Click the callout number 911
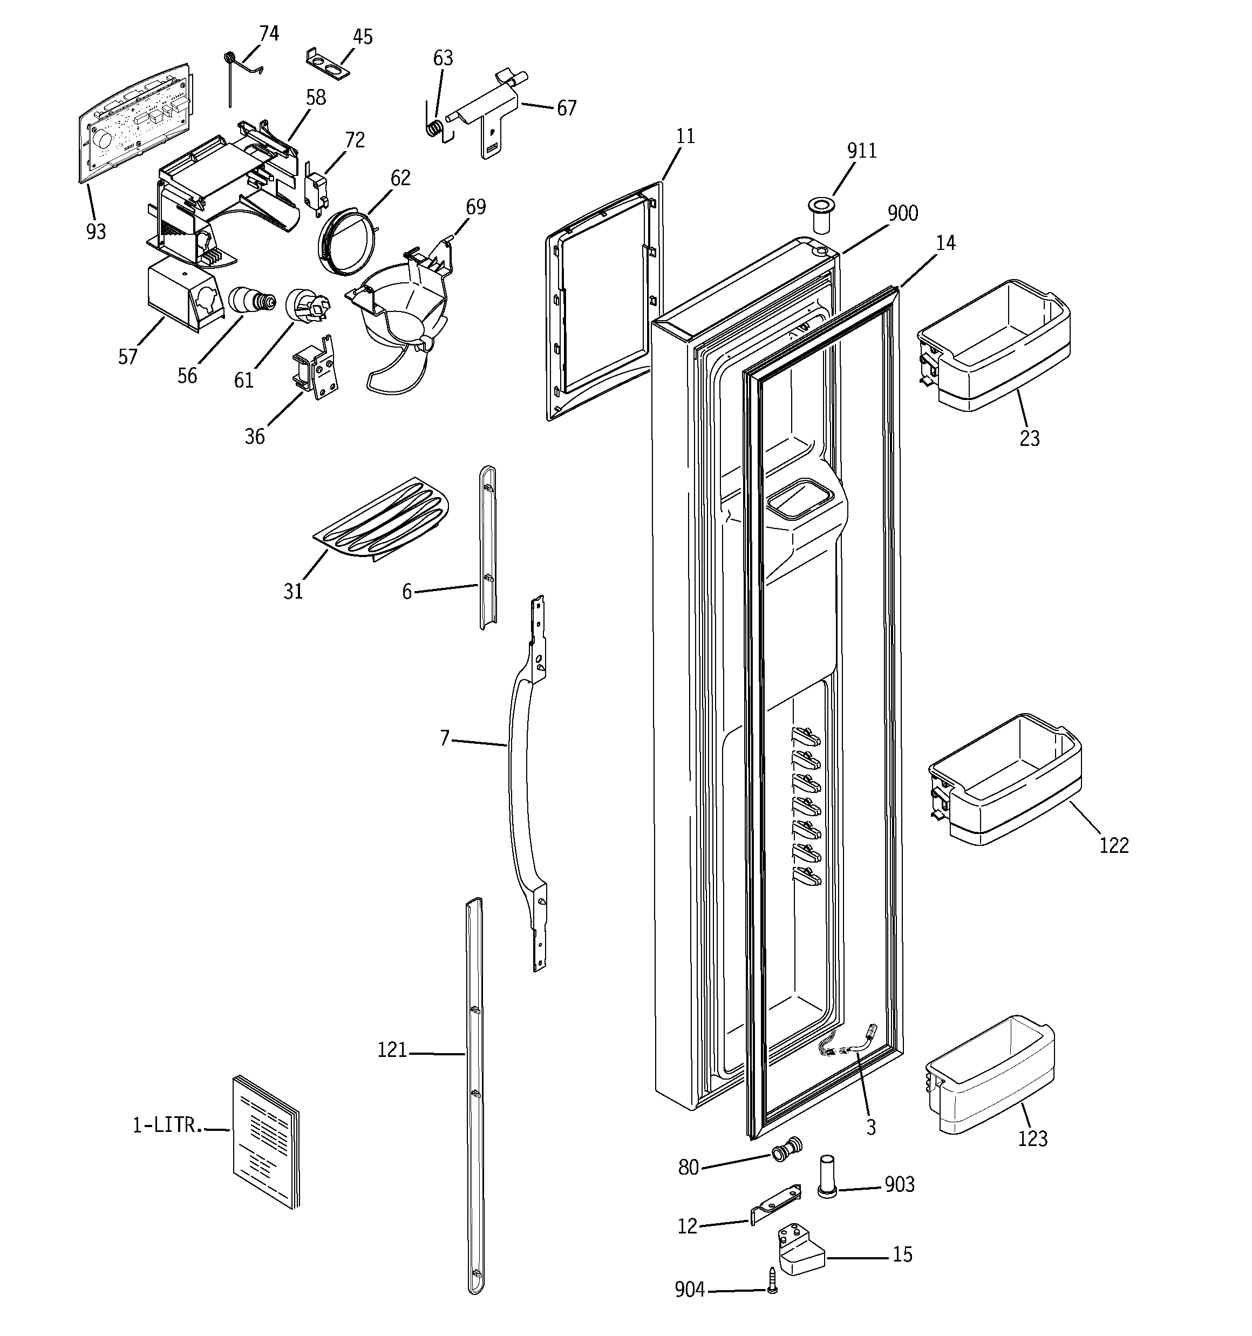tap(861, 151)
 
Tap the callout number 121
tap(392, 1050)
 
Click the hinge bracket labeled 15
tap(800, 1254)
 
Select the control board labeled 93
tap(134, 121)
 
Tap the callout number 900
tap(902, 214)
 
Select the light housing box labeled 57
tap(178, 296)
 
